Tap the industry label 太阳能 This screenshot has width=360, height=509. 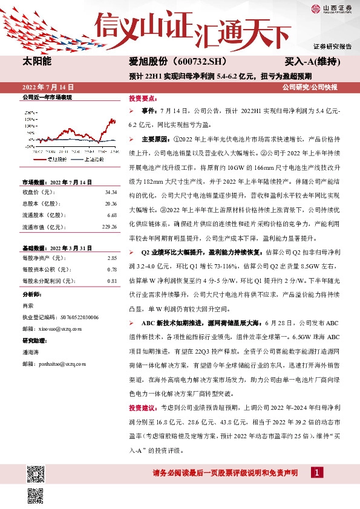click(37, 62)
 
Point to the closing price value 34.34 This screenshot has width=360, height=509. click(110, 192)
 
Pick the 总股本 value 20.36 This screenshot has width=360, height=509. click(110, 204)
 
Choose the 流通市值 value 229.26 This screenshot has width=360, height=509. click(108, 227)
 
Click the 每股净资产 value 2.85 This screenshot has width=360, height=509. click(111, 258)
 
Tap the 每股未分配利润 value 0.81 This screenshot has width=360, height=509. click(111, 280)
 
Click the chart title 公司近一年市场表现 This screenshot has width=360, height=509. click(47, 97)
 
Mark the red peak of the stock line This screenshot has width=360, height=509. click(111, 120)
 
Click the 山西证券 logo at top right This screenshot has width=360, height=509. click(330, 8)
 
